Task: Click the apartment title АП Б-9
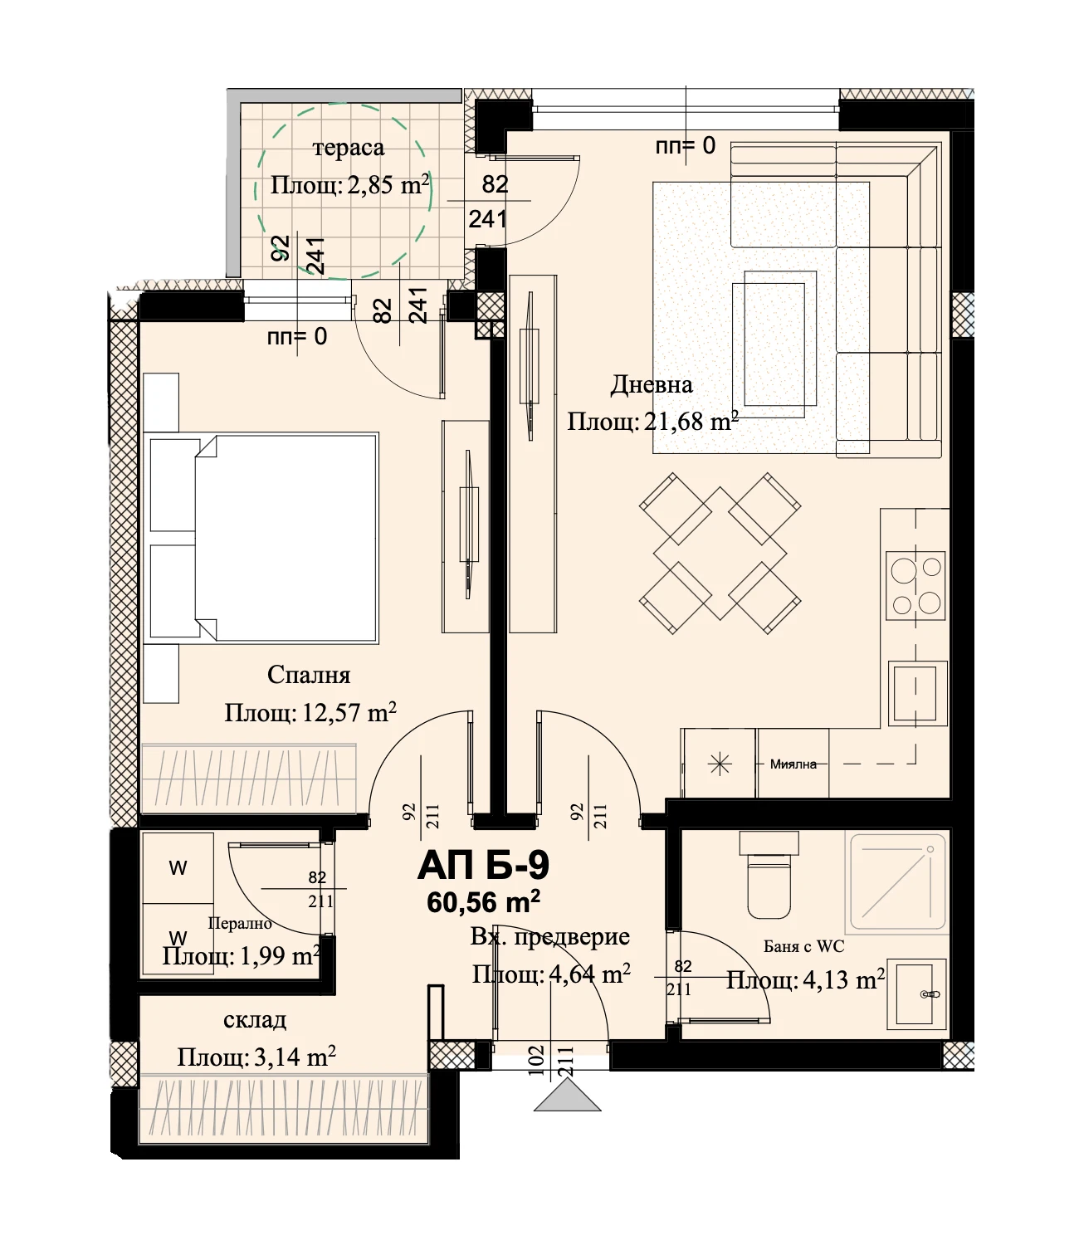pyautogui.click(x=483, y=867)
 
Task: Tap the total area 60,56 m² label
pyautogui.click(x=483, y=901)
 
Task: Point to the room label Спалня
pyautogui.click(x=309, y=675)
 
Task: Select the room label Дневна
pyautogui.click(x=652, y=385)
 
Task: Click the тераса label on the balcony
pyautogui.click(x=349, y=149)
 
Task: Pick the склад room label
pyautogui.click(x=255, y=1020)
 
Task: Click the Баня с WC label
pyautogui.click(x=803, y=946)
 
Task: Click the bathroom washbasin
pyautogui.click(x=916, y=994)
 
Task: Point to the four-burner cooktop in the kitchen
pyautogui.click(x=915, y=585)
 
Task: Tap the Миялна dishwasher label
pyautogui.click(x=793, y=764)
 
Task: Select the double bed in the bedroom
pyautogui.click(x=261, y=538)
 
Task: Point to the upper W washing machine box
pyautogui.click(x=178, y=867)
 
